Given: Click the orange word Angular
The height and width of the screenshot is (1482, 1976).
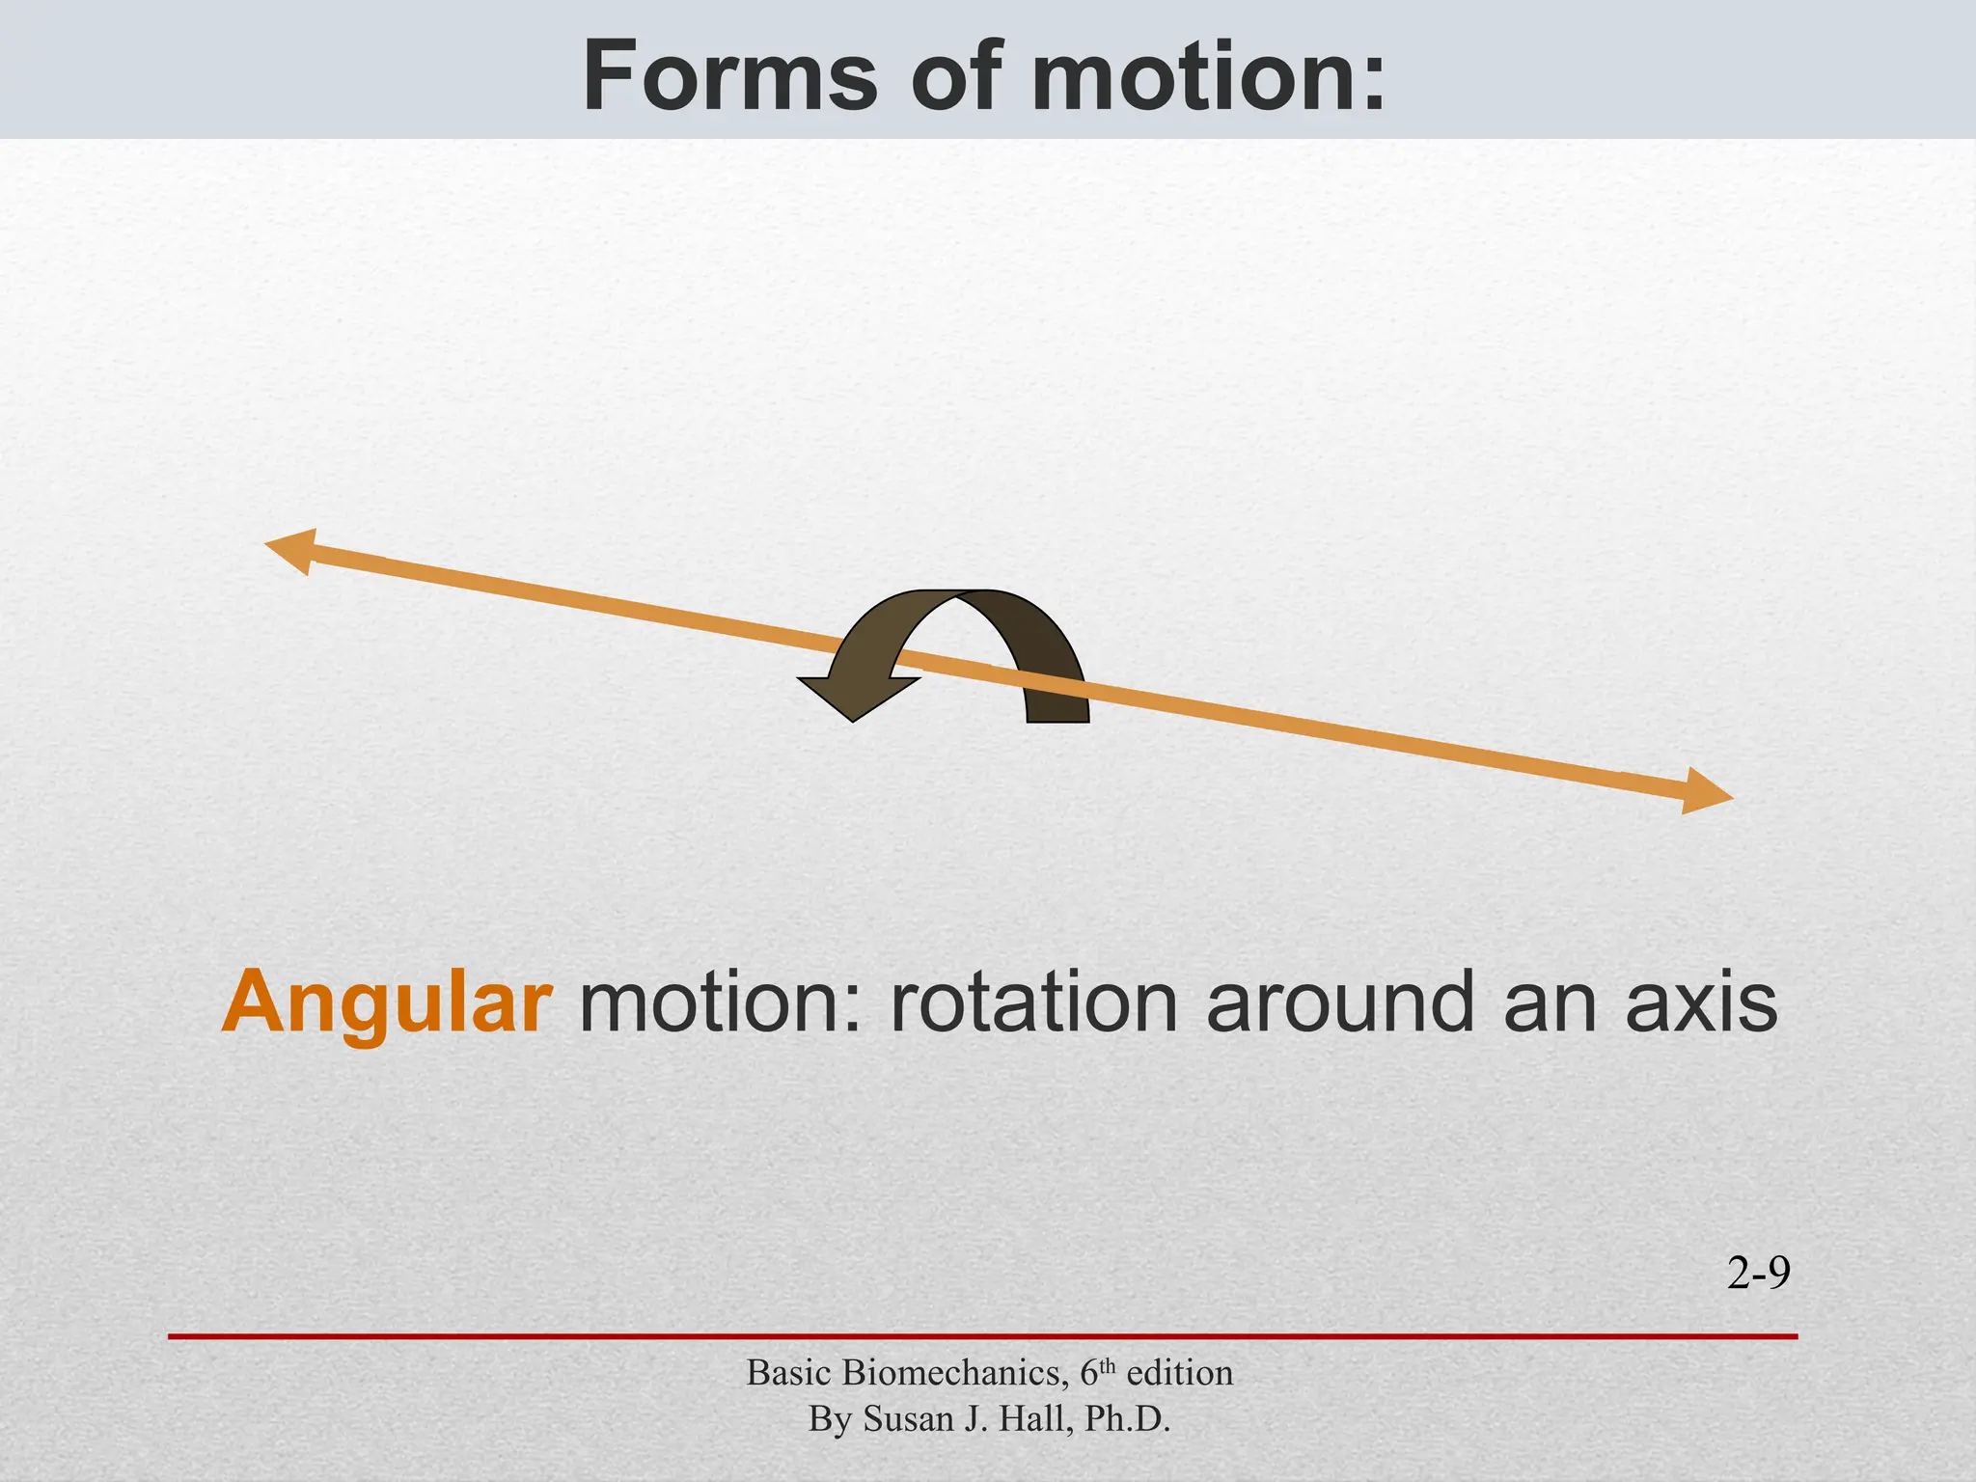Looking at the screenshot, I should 387,1003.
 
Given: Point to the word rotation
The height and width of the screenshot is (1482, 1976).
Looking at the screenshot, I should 1033,1003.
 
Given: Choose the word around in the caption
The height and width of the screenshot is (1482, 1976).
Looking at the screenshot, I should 1341,1003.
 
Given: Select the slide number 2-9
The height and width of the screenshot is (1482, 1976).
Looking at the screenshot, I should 1758,1275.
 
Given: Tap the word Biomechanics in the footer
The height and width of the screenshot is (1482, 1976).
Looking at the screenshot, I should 951,1373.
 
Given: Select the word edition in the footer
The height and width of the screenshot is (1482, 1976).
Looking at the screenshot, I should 1180,1373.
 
